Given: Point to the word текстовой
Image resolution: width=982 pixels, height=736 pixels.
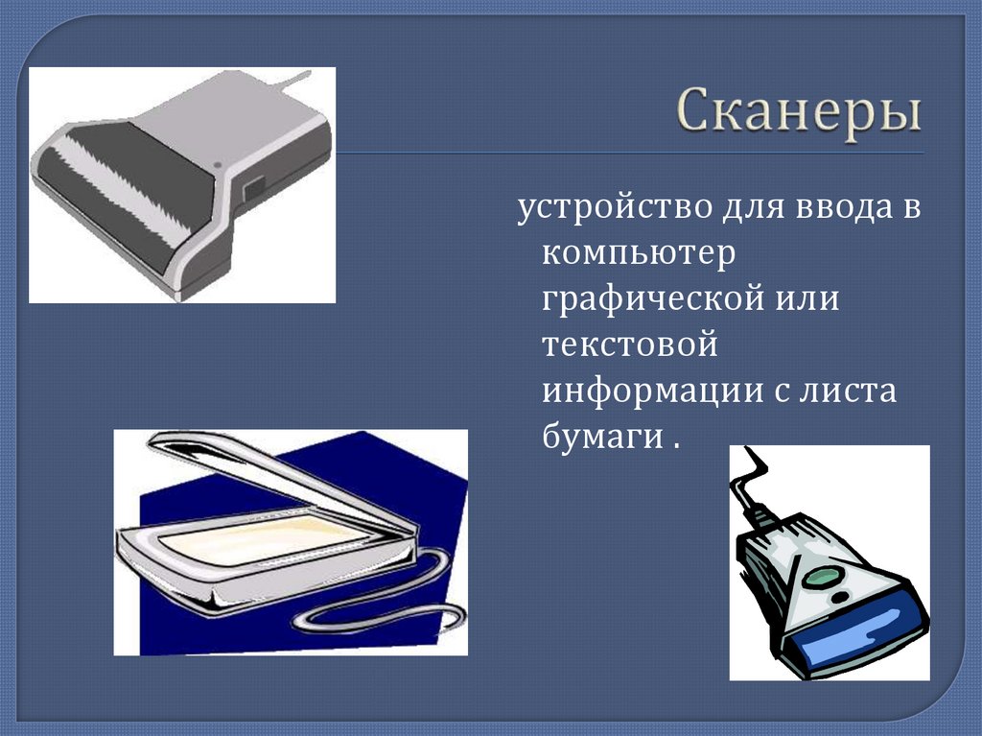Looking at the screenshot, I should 629,344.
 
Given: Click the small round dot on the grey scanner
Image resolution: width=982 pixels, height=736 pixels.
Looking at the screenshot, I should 218,165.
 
